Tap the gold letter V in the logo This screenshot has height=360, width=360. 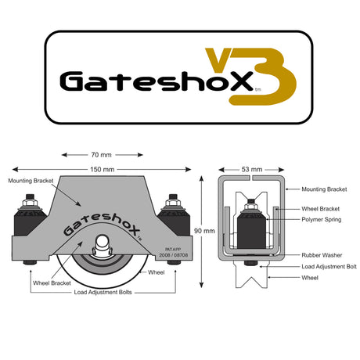pyautogui.click(x=218, y=59)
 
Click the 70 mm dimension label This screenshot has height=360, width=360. pyautogui.click(x=102, y=155)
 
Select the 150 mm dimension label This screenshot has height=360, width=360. pyautogui.click(x=103, y=170)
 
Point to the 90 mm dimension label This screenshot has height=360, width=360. pyautogui.click(x=204, y=231)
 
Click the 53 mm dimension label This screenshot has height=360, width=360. pyautogui.click(x=252, y=169)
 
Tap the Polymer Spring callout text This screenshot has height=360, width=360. pyautogui.click(x=322, y=219)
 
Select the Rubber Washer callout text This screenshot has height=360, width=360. pyautogui.click(x=322, y=255)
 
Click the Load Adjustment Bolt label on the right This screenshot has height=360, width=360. pyautogui.click(x=329, y=267)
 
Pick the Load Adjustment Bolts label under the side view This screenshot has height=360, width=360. pyautogui.click(x=103, y=292)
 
